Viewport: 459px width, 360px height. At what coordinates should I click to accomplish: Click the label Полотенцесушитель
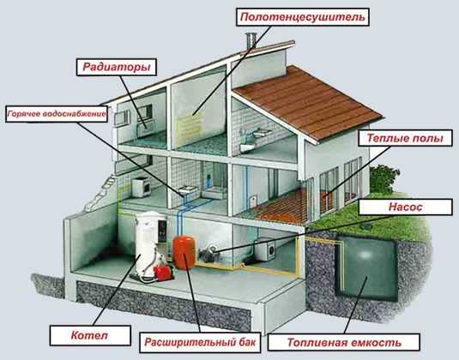pyautogui.click(x=303, y=17)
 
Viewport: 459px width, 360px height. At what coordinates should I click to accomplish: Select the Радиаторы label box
pyautogui.click(x=117, y=67)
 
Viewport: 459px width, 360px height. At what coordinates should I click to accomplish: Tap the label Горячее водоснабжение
pyautogui.click(x=57, y=114)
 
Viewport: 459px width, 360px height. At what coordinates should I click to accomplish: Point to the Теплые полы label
pyautogui.click(x=405, y=138)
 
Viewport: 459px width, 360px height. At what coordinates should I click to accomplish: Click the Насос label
pyautogui.click(x=406, y=207)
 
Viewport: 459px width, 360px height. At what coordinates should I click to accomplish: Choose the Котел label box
pyautogui.click(x=90, y=335)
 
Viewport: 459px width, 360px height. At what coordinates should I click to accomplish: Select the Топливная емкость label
pyautogui.click(x=344, y=342)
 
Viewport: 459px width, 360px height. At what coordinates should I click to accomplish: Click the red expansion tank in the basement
pyautogui.click(x=184, y=252)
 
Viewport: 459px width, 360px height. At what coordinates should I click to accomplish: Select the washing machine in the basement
pyautogui.click(x=266, y=249)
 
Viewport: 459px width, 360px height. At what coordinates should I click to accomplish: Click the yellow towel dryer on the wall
pyautogui.click(x=190, y=127)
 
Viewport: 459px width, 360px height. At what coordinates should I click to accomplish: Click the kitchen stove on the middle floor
pyautogui.click(x=141, y=187)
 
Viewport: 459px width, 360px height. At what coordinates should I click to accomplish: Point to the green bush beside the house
pyautogui.click(x=384, y=179)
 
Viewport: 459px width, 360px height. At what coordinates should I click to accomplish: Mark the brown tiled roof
pyautogui.click(x=309, y=102)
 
